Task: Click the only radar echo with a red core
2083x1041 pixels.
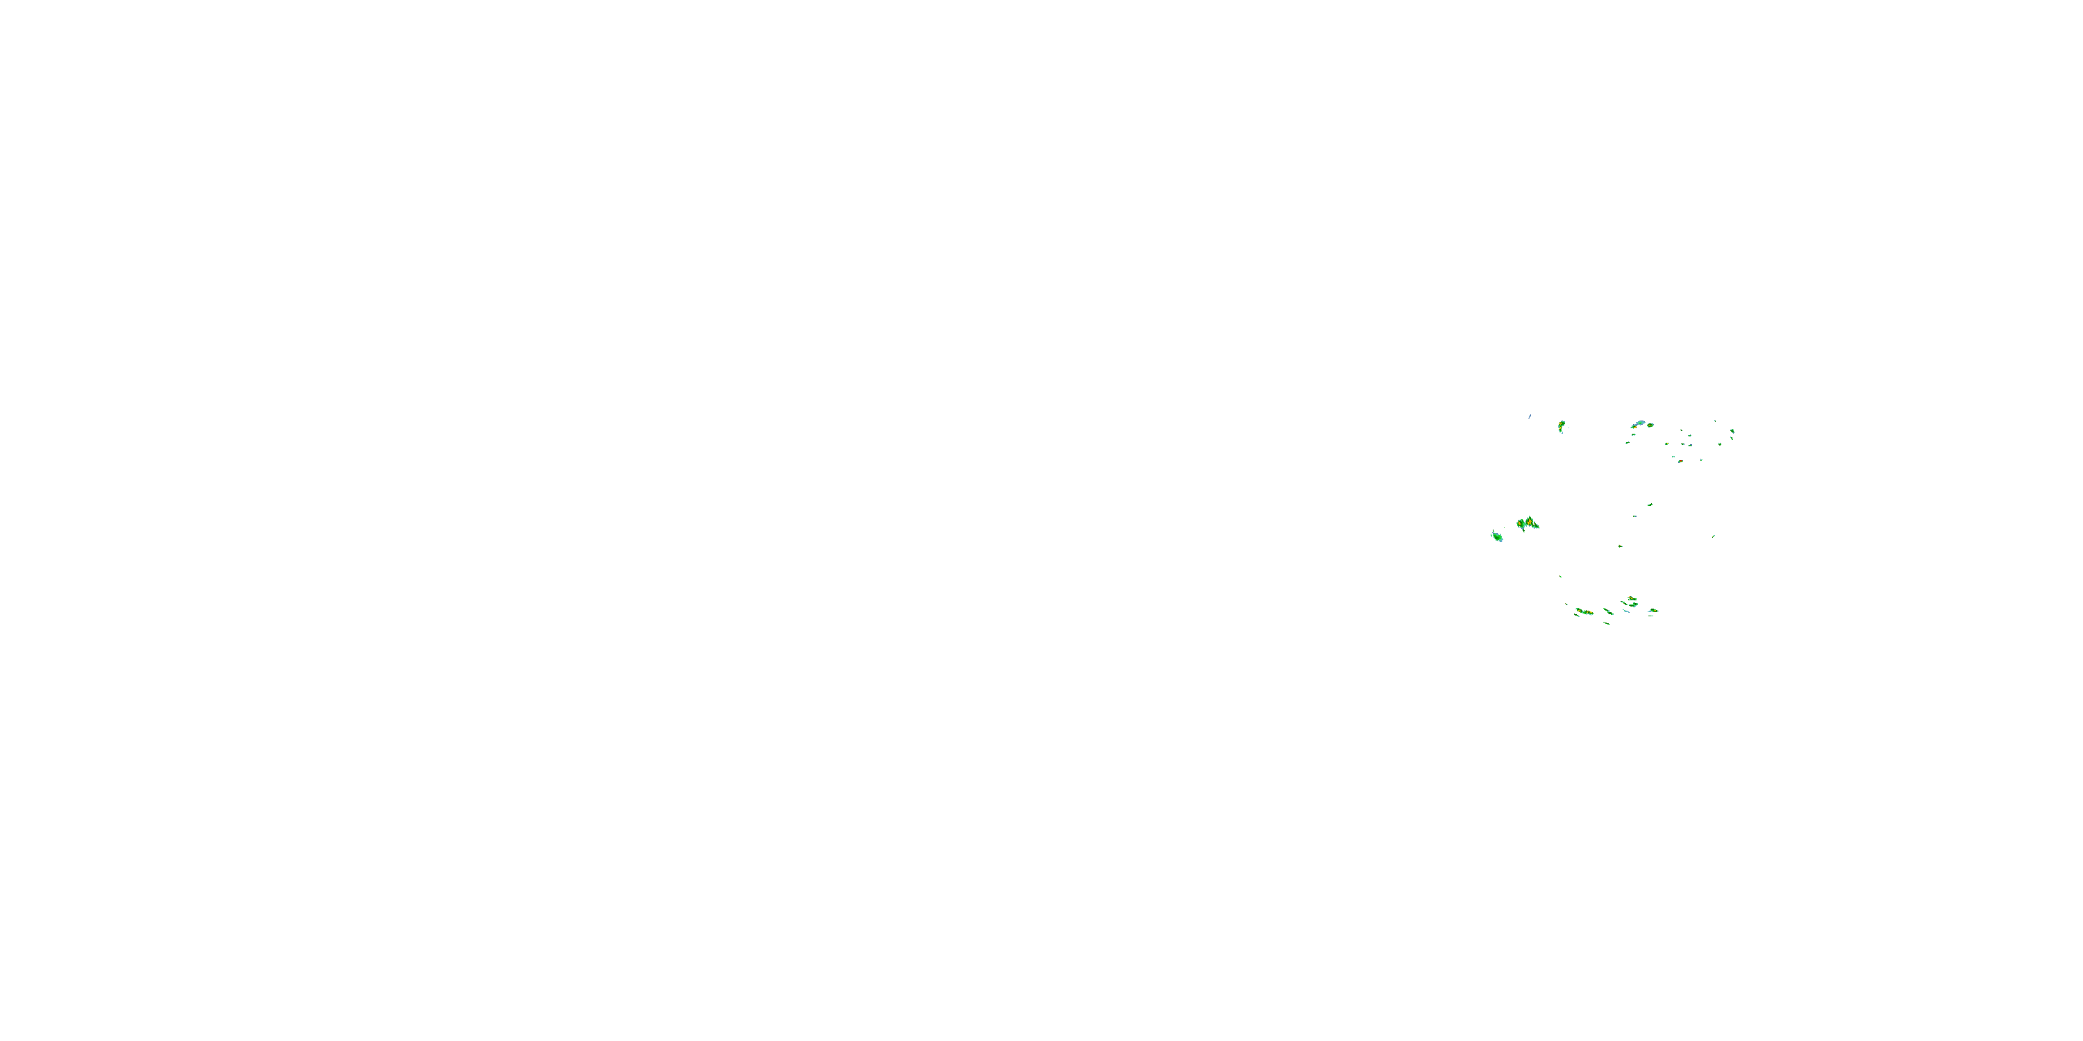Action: (1681, 462)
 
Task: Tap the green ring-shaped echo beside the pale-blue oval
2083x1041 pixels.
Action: (1650, 425)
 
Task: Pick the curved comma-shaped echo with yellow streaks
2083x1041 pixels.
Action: (1562, 426)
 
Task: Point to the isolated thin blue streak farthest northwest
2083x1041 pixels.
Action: (1530, 416)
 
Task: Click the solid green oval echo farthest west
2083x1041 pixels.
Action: (1498, 537)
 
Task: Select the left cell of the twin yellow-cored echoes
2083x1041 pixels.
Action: (1521, 524)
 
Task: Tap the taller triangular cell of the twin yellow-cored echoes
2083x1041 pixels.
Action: (1530, 522)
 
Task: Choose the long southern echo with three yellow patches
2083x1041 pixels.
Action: (1585, 612)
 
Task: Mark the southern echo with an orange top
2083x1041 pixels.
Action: (1632, 598)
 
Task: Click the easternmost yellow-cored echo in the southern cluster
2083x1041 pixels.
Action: (1654, 611)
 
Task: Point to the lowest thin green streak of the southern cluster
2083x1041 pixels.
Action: (1607, 623)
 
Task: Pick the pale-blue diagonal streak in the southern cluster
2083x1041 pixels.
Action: (1626, 611)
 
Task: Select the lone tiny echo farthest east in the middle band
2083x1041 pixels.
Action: (1714, 536)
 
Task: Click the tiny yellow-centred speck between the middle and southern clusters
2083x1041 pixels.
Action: (1621, 546)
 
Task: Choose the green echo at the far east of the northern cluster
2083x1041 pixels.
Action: (1733, 432)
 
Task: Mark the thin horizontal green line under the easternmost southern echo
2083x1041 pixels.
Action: (1651, 616)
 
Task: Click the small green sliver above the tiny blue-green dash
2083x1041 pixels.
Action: (1650, 505)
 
